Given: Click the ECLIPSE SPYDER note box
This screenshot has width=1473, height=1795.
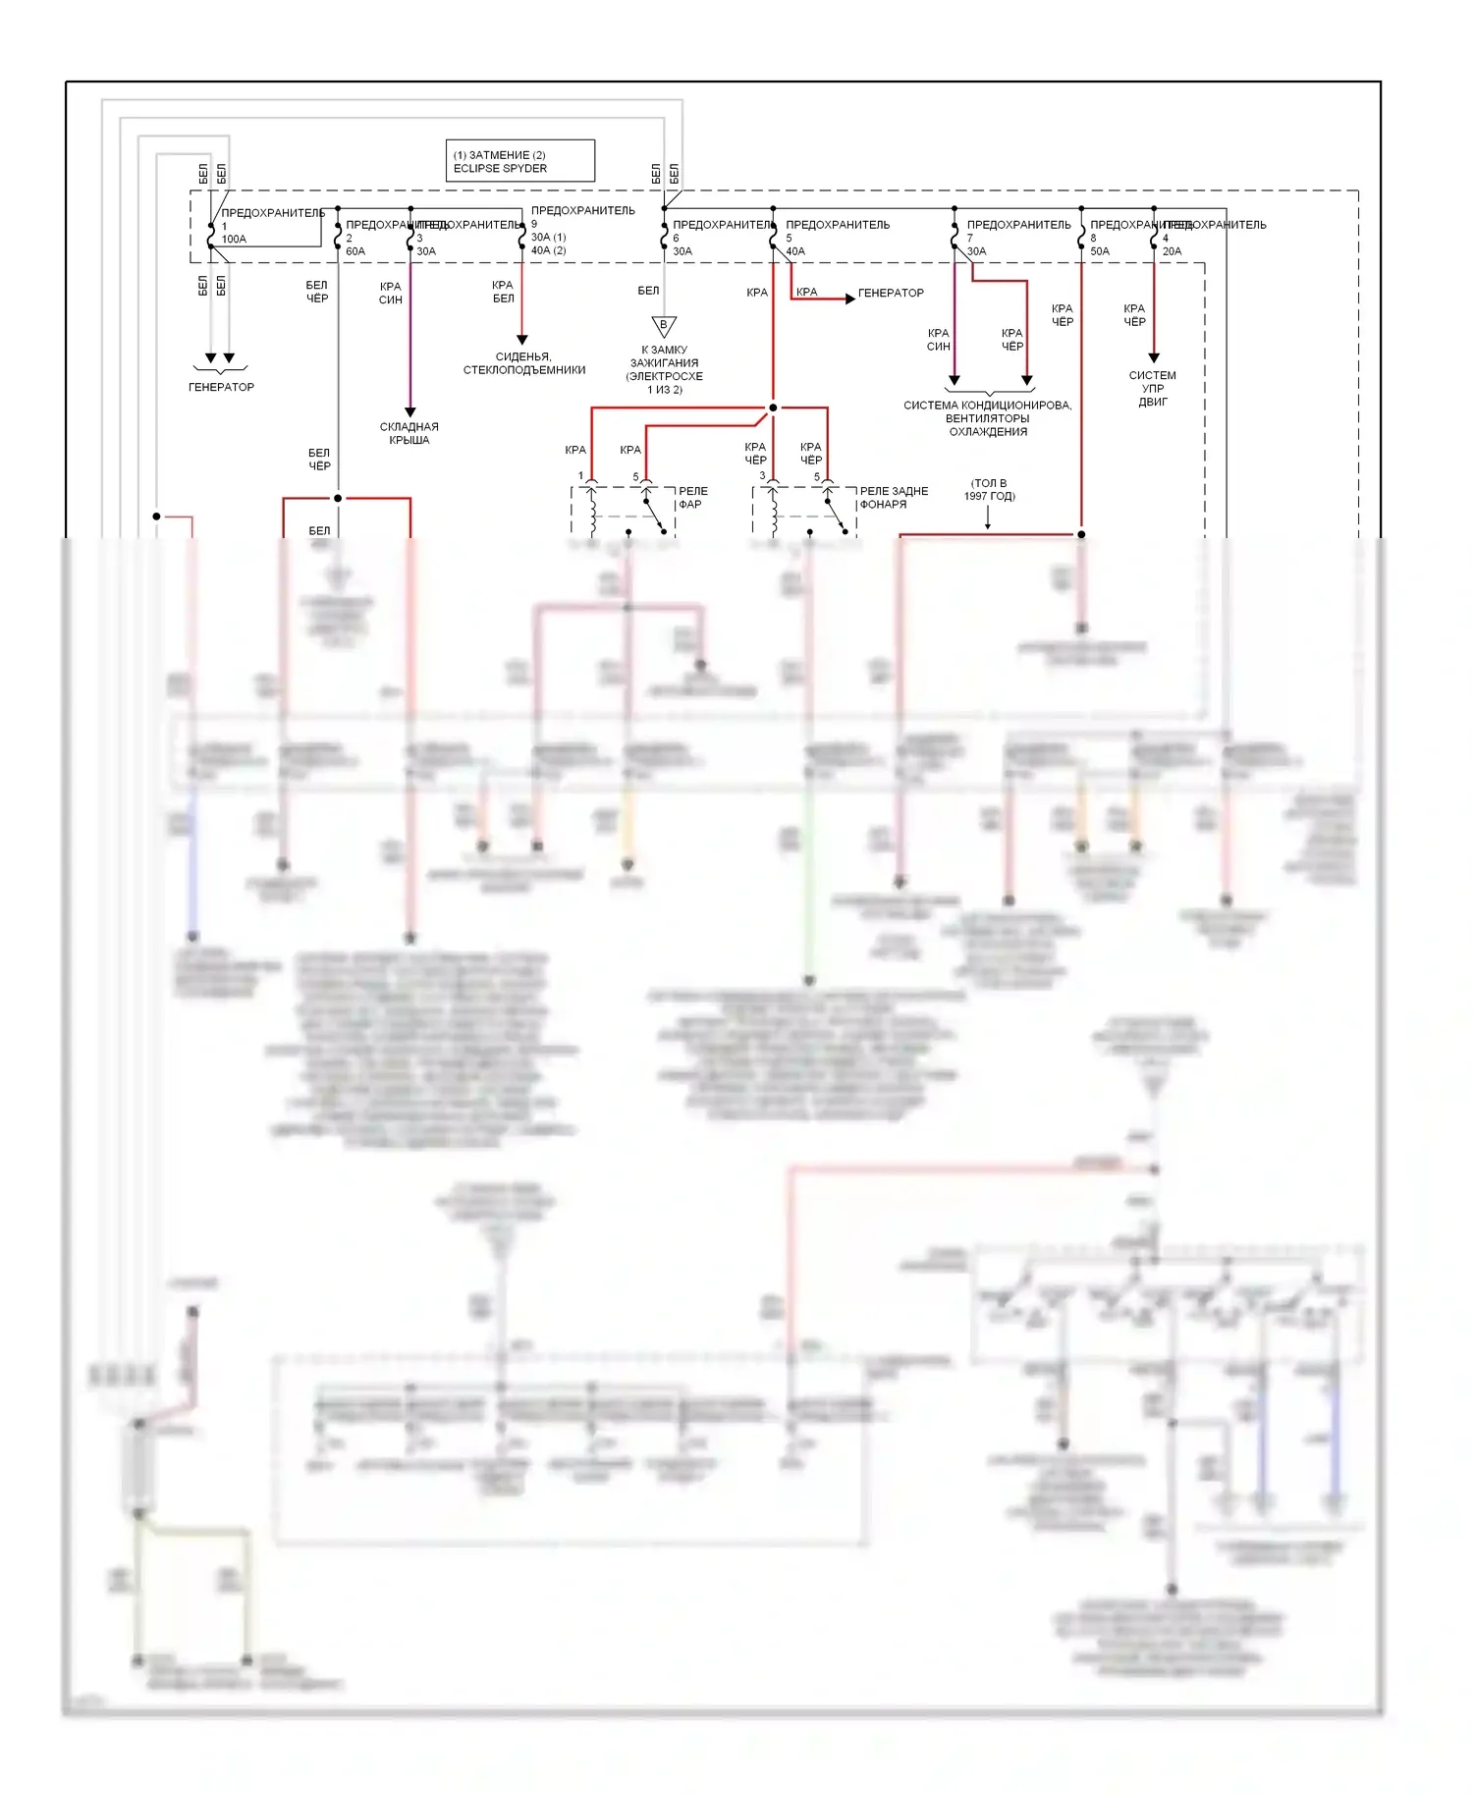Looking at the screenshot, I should pyautogui.click(x=519, y=161).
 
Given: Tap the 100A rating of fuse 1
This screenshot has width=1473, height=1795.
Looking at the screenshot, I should pyautogui.click(x=234, y=240).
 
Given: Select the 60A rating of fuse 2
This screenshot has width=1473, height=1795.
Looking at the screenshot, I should pyautogui.click(x=355, y=252).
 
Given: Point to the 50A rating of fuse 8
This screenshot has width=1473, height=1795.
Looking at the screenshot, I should pyautogui.click(x=1100, y=252).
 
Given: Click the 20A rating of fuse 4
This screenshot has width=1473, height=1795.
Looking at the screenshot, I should pyautogui.click(x=1173, y=252).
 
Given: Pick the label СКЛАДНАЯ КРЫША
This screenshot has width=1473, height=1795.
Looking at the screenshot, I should pyautogui.click(x=409, y=433).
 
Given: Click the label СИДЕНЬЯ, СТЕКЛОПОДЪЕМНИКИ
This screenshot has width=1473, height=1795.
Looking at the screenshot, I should pyautogui.click(x=523, y=363).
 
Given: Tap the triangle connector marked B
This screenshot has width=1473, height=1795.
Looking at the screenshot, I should pyautogui.click(x=664, y=326).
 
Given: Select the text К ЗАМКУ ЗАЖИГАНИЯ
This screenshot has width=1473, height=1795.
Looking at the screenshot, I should pyautogui.click(x=665, y=356).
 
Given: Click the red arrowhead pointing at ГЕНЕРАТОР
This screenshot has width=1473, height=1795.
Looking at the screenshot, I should pyautogui.click(x=849, y=299).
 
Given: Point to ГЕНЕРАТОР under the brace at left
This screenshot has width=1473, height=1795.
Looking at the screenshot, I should pyautogui.click(x=221, y=388).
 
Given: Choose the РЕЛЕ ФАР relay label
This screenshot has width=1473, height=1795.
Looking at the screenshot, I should pyautogui.click(x=692, y=498).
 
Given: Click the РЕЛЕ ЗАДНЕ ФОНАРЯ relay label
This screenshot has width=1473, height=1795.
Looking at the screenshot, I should pyautogui.click(x=893, y=498).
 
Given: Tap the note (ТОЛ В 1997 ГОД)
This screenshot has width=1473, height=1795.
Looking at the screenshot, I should pyautogui.click(x=989, y=490).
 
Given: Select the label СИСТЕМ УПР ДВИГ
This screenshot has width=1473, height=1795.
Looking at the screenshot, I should pyautogui.click(x=1153, y=389).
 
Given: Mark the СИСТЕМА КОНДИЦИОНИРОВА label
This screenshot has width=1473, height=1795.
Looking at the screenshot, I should pyautogui.click(x=988, y=406).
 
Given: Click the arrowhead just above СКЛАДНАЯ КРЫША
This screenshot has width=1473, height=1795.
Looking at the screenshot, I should pyautogui.click(x=410, y=412).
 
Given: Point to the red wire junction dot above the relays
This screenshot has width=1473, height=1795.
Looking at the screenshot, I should pyautogui.click(x=773, y=408).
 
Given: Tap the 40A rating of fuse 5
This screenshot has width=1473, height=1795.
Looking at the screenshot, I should pyautogui.click(x=795, y=252).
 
